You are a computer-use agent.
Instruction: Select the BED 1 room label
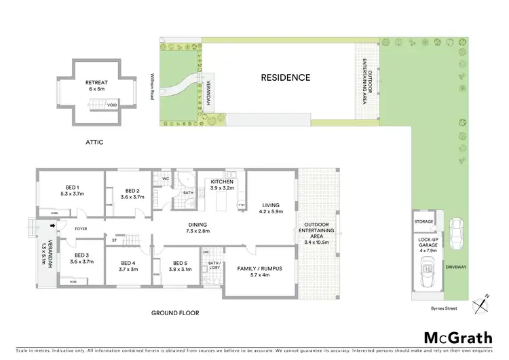point(72,190)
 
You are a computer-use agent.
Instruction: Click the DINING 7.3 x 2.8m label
point(193,228)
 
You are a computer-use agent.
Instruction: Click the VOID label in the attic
point(111,105)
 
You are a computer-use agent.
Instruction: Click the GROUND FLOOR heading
point(176,313)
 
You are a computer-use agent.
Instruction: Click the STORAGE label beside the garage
point(424,222)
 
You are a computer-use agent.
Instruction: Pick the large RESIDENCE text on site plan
point(286,78)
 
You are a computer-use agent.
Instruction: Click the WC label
point(165,179)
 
